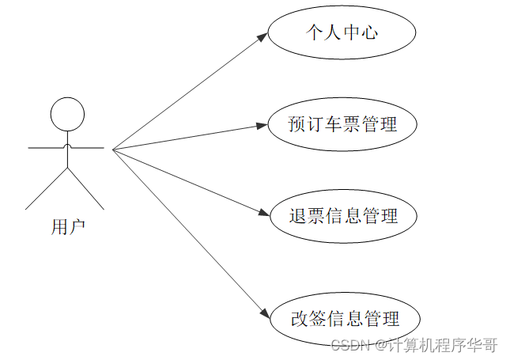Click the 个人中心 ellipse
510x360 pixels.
tap(342, 33)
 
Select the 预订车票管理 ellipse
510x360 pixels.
tap(342, 124)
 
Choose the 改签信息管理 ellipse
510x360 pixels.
tap(345, 320)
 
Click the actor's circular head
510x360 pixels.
tap(67, 114)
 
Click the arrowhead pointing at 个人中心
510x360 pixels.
tap(263, 37)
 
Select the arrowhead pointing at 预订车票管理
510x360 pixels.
tap(263, 125)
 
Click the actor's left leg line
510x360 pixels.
tap(47, 188)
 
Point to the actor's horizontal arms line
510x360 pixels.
tap(67, 147)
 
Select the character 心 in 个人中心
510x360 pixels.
tap(369, 33)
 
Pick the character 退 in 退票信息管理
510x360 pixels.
tap(299, 215)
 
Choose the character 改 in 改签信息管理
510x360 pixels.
tap(300, 320)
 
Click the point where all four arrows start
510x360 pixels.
tap(113, 149)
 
